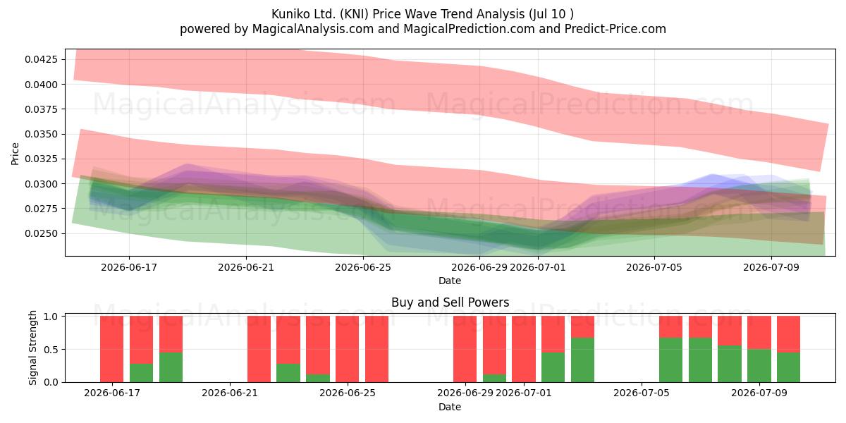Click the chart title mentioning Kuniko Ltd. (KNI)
[422, 14]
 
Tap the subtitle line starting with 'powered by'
[422, 29]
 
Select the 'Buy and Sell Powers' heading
[450, 302]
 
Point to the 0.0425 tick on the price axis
[42, 59]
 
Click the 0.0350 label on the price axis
[42, 134]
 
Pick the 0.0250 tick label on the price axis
[42, 233]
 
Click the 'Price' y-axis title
[15, 154]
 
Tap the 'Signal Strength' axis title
[32, 348]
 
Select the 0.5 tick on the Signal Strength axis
[51, 350]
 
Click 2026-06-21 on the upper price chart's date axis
[246, 267]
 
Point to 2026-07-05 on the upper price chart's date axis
[654, 267]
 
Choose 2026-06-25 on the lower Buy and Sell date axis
[348, 393]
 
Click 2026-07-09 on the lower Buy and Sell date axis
[759, 393]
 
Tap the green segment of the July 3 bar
[582, 360]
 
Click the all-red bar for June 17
[112, 349]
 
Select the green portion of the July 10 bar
[788, 367]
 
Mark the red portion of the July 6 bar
[670, 326]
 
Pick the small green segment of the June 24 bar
[318, 378]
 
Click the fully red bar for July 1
[523, 349]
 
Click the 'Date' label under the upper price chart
[450, 281]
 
